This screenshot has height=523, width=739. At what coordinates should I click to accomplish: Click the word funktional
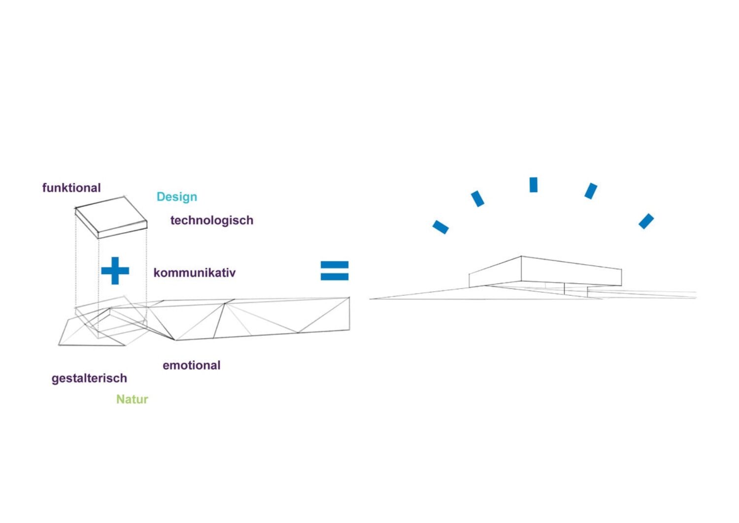[x=71, y=188]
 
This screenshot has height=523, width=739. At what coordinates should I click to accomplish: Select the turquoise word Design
[x=177, y=197]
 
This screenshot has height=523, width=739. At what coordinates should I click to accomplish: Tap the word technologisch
[x=212, y=220]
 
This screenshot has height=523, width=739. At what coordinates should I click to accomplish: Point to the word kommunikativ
[x=195, y=273]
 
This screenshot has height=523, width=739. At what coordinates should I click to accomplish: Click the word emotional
[x=192, y=365]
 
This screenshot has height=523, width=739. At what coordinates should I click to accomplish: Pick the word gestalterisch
[x=89, y=379]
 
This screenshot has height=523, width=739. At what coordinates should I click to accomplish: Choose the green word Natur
[x=132, y=399]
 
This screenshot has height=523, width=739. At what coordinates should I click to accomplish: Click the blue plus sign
[x=115, y=271]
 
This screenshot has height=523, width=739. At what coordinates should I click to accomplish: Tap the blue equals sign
[x=335, y=271]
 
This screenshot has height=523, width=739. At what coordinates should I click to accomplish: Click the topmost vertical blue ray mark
[x=533, y=185]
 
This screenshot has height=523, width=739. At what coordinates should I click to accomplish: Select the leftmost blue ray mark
[x=440, y=227]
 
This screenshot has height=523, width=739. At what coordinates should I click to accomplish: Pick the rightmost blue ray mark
[x=646, y=221]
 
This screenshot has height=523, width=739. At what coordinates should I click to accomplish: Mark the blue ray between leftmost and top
[x=477, y=199]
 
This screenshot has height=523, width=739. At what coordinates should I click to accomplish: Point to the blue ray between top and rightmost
[x=591, y=191]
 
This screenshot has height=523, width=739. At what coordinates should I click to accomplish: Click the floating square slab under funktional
[x=111, y=217]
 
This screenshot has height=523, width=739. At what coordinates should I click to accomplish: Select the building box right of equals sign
[x=544, y=271]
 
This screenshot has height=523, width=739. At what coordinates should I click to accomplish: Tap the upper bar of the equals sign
[x=335, y=265]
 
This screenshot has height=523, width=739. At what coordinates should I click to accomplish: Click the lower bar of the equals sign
[x=335, y=277]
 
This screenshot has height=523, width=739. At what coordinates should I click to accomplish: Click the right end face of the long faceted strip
[x=349, y=314]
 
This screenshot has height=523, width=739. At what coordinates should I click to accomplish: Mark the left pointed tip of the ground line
[x=371, y=299]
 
